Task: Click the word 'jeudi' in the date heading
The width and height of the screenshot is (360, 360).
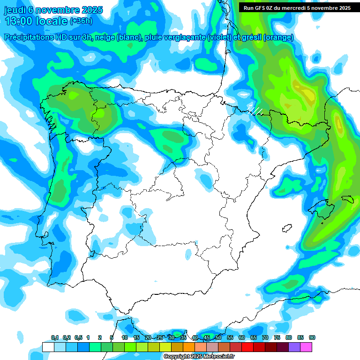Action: click(15, 10)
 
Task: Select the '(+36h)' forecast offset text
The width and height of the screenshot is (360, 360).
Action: click(81, 21)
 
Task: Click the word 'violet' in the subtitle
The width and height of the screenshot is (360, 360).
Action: click(218, 37)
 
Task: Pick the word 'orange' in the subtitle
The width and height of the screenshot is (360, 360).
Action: click(278, 37)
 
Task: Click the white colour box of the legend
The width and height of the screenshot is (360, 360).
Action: click(48, 347)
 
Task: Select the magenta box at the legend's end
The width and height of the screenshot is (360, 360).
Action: click(306, 347)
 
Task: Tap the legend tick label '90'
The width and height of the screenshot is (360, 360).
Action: click(312, 337)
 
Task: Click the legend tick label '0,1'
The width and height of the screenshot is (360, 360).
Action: click(55, 337)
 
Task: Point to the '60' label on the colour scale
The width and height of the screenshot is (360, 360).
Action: click(242, 337)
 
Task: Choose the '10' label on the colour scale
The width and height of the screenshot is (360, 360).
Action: click(125, 337)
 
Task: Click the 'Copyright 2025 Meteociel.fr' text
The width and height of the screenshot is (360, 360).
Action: click(199, 357)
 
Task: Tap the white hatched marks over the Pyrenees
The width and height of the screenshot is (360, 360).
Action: click(255, 111)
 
